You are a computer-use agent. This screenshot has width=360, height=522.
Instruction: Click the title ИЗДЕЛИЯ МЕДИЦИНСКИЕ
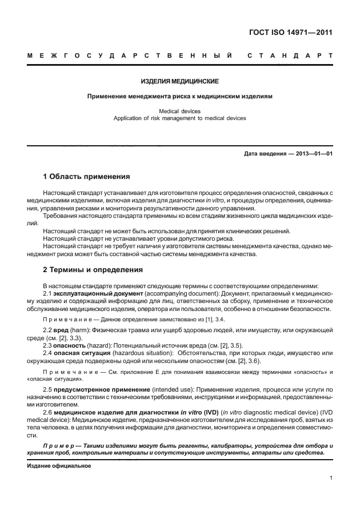click(x=180, y=82)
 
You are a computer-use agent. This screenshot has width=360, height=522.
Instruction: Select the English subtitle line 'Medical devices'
click(x=180, y=111)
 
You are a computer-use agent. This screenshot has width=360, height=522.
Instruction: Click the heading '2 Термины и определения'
click(x=93, y=269)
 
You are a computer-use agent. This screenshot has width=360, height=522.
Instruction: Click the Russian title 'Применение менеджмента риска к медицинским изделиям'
click(x=180, y=97)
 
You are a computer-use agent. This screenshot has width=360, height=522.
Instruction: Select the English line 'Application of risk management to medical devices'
click(x=180, y=118)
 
